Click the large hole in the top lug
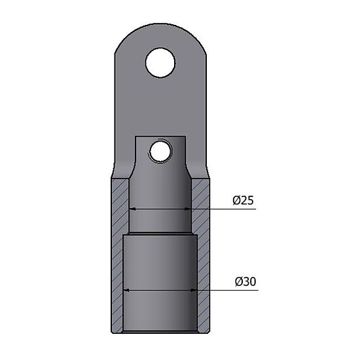click(x=160, y=63)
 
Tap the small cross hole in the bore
click(x=160, y=152)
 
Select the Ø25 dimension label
click(x=243, y=200)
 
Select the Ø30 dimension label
click(x=245, y=281)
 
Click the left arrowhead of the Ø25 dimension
click(x=130, y=209)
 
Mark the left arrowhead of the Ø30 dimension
click(x=126, y=290)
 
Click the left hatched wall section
click(x=118, y=255)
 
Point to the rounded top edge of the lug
click(x=160, y=26)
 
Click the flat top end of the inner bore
click(x=160, y=137)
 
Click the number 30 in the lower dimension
click(x=249, y=281)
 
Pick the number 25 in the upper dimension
click(x=247, y=200)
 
